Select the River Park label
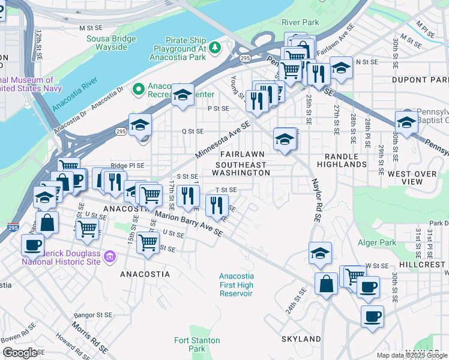[x=300, y=22]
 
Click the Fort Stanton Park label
[x=189, y=344]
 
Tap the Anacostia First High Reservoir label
[x=236, y=284]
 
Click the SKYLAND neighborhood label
[x=301, y=339]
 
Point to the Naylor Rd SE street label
[x=314, y=200]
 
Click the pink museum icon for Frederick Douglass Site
[x=109, y=257]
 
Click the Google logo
[x=20, y=353]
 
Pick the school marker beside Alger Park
[x=320, y=253]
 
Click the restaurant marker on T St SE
[x=216, y=206]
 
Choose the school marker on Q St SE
[x=139, y=124]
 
